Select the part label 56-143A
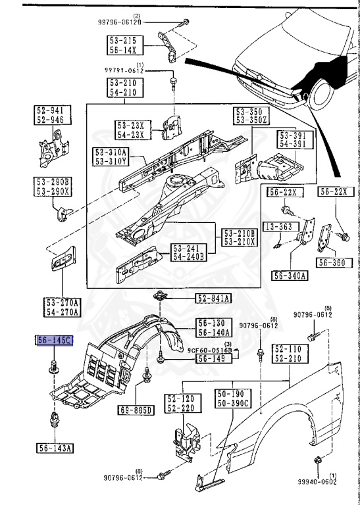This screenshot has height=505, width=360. point(55,448)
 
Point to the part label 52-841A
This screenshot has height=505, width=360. point(213,299)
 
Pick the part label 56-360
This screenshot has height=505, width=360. point(331,262)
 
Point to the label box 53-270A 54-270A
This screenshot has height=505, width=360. point(63,306)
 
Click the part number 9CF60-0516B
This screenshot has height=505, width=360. point(210,351)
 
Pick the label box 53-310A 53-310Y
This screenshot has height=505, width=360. point(111,156)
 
